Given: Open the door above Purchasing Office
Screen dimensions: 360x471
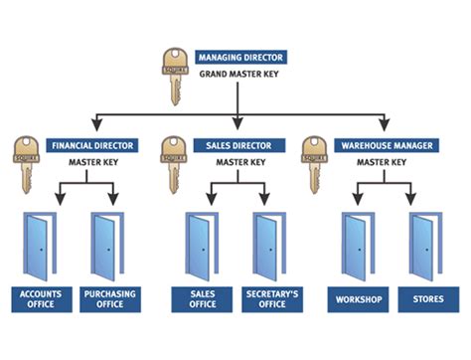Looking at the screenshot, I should click(x=108, y=247).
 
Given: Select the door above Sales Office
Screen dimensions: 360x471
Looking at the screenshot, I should click(x=202, y=247).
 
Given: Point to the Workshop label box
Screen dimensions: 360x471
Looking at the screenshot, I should click(x=359, y=297).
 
